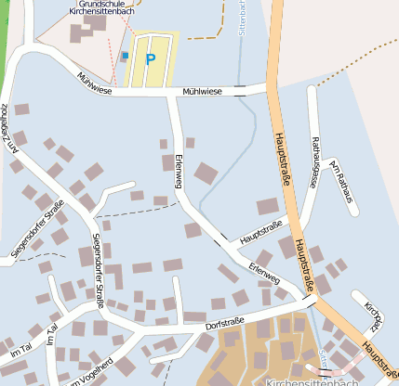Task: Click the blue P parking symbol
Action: pos(150,60)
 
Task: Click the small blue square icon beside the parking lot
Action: pos(126,56)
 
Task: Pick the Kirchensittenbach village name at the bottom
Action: pos(312,381)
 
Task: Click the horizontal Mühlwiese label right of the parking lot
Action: pos(204,92)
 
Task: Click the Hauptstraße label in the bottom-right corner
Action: pos(379,357)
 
